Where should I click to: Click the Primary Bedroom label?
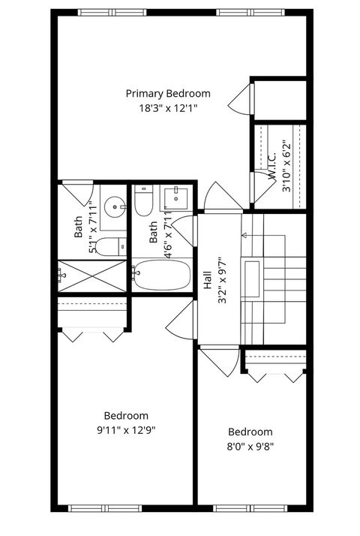167,94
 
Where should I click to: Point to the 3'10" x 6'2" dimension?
286,167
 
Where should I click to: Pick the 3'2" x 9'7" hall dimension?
221,280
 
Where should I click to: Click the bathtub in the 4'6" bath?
163,275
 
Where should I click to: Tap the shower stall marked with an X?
91,276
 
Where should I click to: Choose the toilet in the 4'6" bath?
145,200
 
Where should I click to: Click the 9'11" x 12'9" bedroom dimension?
125,430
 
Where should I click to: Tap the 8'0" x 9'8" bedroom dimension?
250,446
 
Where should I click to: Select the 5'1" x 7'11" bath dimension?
92,226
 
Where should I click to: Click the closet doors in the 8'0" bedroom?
274,373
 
